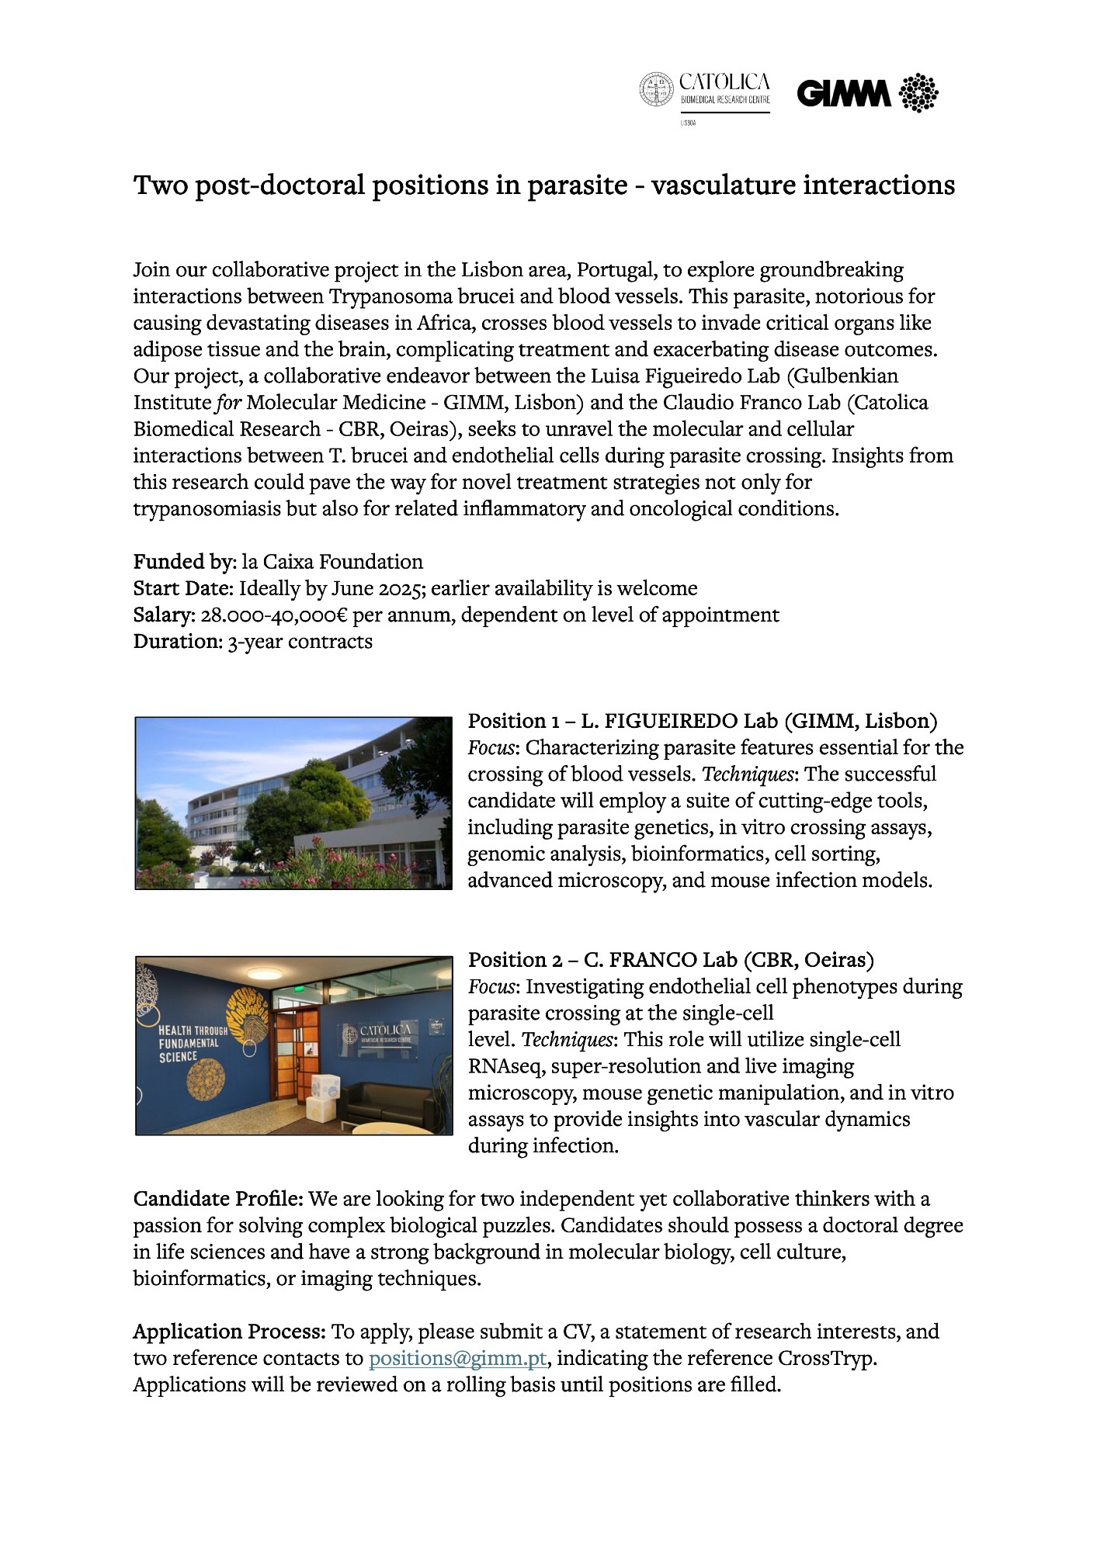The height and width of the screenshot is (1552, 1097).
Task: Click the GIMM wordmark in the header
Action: pyautogui.click(x=844, y=94)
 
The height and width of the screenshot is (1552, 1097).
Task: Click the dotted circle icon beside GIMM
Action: pyautogui.click(x=918, y=93)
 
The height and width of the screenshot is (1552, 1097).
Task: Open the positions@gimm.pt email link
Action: pyautogui.click(x=457, y=1359)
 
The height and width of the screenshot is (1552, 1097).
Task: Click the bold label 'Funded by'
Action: pyautogui.click(x=182, y=562)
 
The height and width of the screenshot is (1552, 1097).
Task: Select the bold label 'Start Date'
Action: pyautogui.click(x=182, y=588)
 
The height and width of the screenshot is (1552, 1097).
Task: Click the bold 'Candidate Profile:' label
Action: pyautogui.click(x=218, y=1199)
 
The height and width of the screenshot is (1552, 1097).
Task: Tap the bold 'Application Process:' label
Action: pyautogui.click(x=229, y=1332)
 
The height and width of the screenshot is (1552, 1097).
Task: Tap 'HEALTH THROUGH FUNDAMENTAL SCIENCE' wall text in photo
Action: pyautogui.click(x=193, y=1043)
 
